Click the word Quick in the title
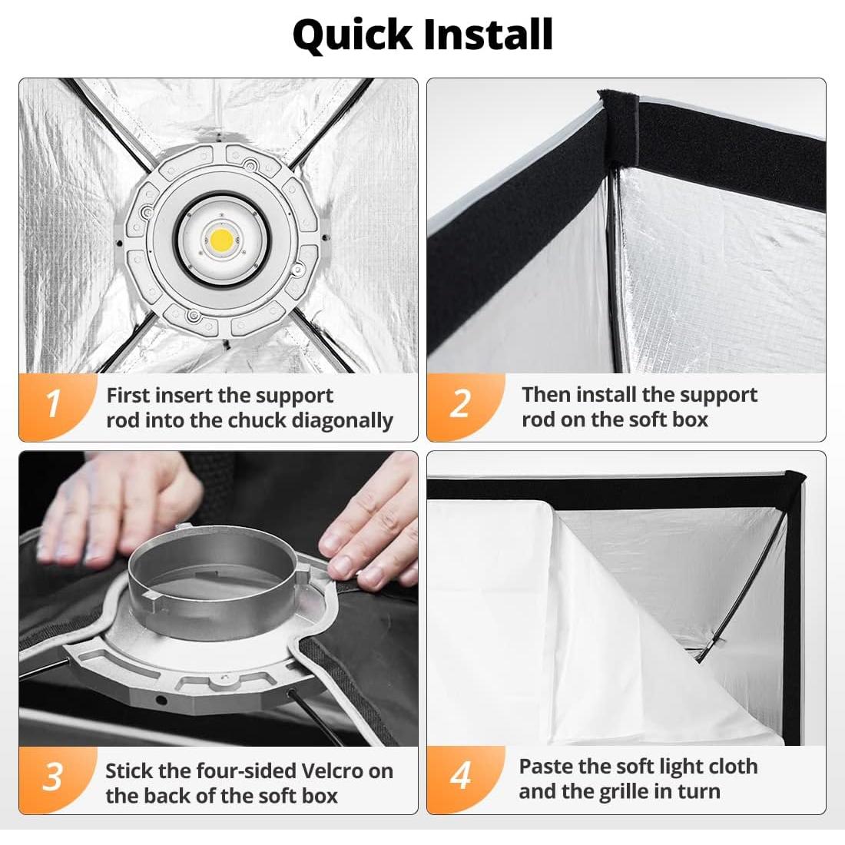coord(352,35)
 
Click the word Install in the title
coord(489,35)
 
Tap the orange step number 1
coord(53,403)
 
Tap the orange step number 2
coord(460,403)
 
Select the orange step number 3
coord(53,777)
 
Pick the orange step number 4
coord(461,776)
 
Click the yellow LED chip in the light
coord(220,238)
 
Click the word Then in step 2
coord(545,395)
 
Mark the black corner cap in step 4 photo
coord(794,485)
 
